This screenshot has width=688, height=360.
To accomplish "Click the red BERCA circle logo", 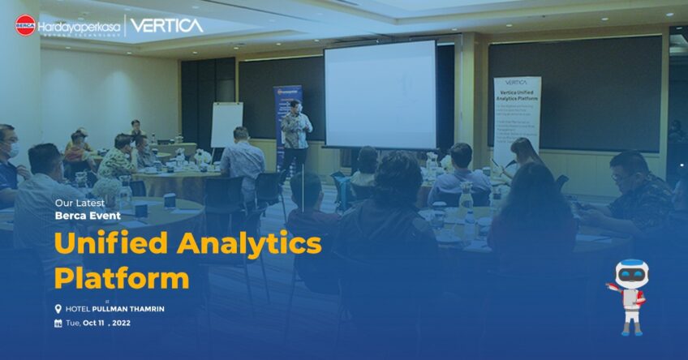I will click(25, 25).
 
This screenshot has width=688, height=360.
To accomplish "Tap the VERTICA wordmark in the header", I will click(167, 25).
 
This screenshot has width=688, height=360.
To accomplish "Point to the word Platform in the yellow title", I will click(122, 278).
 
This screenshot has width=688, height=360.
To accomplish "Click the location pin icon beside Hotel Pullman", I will click(58, 309).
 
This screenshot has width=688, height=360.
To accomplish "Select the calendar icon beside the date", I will click(58, 323).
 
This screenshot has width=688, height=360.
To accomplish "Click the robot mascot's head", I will click(631, 274).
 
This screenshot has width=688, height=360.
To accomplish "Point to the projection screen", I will click(380, 94).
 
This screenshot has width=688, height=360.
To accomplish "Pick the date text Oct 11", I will click(95, 324).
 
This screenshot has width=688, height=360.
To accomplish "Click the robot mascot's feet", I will click(631, 329).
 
